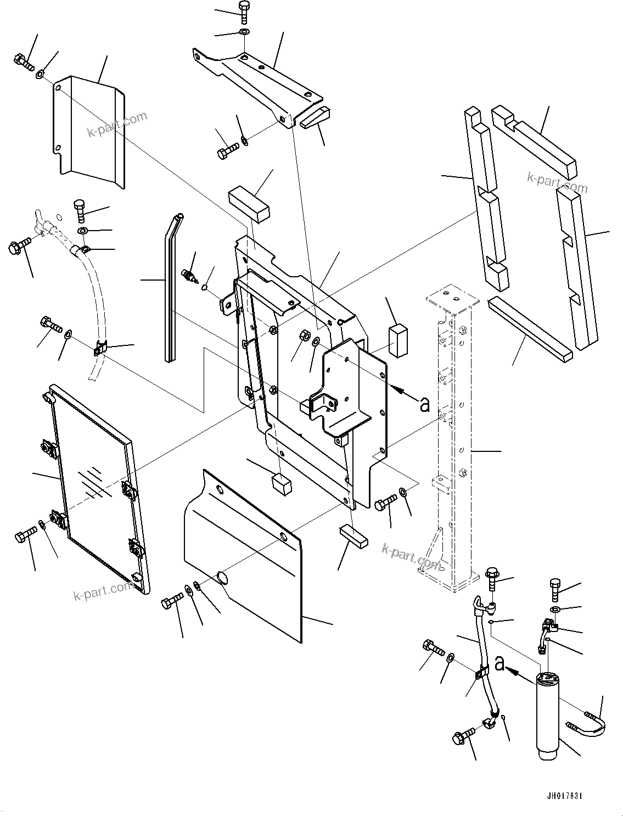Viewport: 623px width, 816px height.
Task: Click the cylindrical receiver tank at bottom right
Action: point(549,713)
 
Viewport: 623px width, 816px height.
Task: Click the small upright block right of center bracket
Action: point(399,339)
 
